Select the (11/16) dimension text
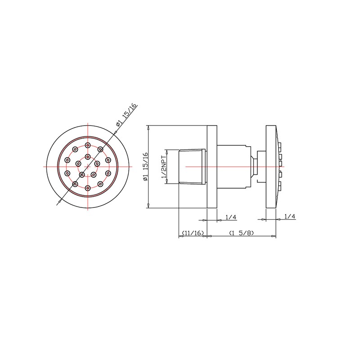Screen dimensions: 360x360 (193, 233)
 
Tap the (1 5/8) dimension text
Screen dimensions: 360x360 (242, 233)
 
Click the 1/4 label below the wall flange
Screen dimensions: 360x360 (231, 217)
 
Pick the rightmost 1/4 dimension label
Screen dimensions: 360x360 (289, 216)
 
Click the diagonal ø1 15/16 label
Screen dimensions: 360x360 (126, 115)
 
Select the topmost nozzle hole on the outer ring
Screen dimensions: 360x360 (87, 145)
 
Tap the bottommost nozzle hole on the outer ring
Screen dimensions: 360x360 (87, 188)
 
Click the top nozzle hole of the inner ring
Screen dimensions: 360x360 (87, 157)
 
